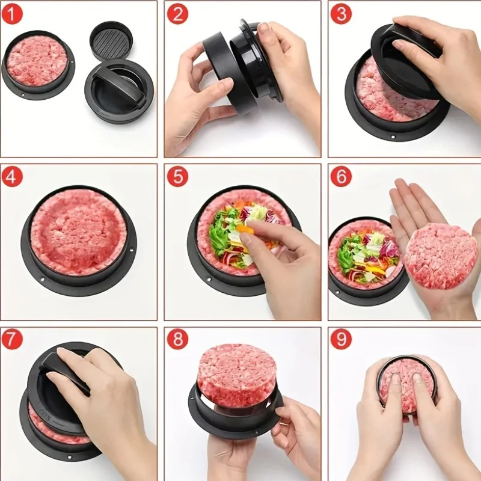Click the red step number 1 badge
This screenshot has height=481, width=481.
click(x=13, y=13)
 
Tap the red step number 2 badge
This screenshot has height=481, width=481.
click(x=177, y=13)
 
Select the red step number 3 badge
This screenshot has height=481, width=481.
click(x=340, y=13)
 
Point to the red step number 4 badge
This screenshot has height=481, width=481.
click(x=13, y=177)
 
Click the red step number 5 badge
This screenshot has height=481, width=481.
click(x=177, y=177)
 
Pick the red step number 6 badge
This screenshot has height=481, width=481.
click(x=340, y=177)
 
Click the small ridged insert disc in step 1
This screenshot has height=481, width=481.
click(x=111, y=40)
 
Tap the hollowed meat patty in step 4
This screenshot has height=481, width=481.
click(x=78, y=231)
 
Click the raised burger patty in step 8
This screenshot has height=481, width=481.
click(x=236, y=374)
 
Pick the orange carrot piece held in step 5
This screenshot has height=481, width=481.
click(x=247, y=230)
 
